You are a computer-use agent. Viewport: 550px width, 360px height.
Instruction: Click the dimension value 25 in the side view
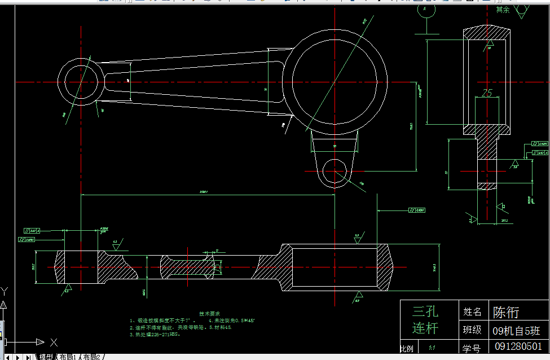click(488, 92)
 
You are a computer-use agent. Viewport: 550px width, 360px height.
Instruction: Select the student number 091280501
click(517, 346)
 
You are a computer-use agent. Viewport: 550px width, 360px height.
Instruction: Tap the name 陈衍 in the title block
click(506, 312)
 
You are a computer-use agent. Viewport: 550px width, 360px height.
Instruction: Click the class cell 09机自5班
click(516, 330)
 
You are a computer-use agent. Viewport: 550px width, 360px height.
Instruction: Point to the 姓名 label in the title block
click(472, 311)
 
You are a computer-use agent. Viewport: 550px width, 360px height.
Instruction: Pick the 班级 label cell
click(472, 330)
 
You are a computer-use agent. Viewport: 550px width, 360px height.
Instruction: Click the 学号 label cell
click(472, 346)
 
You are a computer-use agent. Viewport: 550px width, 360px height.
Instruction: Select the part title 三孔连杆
click(425, 319)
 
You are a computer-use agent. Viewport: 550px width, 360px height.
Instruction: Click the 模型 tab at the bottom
click(46, 357)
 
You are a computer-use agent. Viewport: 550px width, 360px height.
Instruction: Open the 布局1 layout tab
click(68, 357)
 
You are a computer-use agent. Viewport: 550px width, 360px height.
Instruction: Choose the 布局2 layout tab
click(91, 357)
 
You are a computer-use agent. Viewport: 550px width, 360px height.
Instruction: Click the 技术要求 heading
click(210, 313)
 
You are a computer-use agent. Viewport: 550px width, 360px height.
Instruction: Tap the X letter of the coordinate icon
click(54, 342)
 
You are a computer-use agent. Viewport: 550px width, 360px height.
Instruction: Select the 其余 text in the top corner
click(503, 10)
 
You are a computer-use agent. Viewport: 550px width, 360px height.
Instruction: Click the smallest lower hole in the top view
click(337, 170)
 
